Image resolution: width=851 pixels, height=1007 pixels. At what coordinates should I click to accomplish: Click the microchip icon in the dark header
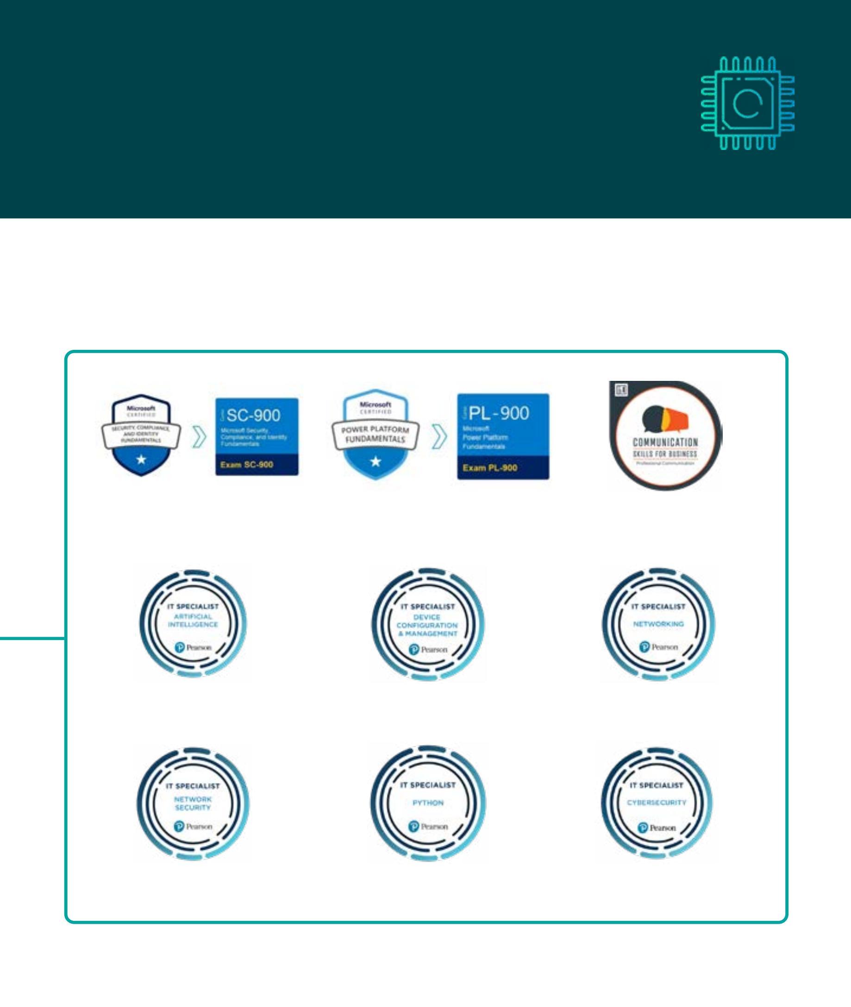pyautogui.click(x=747, y=103)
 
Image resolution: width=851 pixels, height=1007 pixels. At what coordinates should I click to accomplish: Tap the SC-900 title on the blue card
pyautogui.click(x=254, y=416)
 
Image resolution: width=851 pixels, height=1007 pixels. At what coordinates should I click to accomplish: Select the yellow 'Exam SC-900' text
pyautogui.click(x=246, y=465)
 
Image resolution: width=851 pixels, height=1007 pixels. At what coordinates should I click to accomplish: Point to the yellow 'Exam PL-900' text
pyautogui.click(x=490, y=468)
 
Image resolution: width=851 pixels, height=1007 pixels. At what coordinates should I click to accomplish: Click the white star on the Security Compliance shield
pyautogui.click(x=141, y=459)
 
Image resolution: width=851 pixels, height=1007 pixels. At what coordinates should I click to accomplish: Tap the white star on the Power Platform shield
pyautogui.click(x=375, y=461)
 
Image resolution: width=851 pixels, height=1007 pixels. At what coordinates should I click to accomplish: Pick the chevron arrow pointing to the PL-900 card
pyautogui.click(x=439, y=436)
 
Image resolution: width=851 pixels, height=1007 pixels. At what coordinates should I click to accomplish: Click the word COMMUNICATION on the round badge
pyautogui.click(x=665, y=442)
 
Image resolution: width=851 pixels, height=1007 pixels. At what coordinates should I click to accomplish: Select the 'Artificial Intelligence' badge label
pyautogui.click(x=193, y=621)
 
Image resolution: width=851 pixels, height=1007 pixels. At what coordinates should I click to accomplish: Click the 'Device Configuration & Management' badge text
pyautogui.click(x=427, y=626)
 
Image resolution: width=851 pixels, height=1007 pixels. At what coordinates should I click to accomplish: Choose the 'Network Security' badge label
pyautogui.click(x=193, y=803)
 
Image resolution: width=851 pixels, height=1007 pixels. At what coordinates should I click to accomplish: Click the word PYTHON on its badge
pyautogui.click(x=428, y=803)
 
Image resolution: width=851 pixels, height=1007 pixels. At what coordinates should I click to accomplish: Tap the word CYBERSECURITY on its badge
pyautogui.click(x=657, y=803)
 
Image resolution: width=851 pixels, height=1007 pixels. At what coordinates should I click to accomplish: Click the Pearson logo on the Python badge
pyautogui.click(x=428, y=827)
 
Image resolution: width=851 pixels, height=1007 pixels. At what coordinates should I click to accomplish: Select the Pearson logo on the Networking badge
pyautogui.click(x=658, y=647)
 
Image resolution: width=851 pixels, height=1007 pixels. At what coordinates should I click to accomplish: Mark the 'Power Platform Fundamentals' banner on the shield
pyautogui.click(x=375, y=434)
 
